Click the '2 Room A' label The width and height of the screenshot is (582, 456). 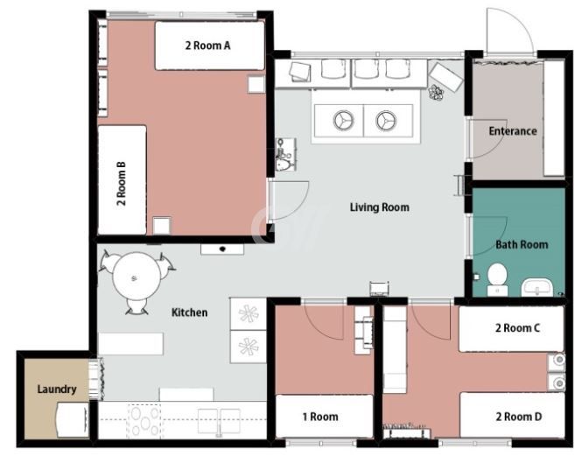[x=208, y=46]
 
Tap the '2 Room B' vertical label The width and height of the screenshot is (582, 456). [x=122, y=184]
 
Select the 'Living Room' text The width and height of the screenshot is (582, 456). [x=380, y=207]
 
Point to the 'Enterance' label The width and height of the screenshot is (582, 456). [x=513, y=131]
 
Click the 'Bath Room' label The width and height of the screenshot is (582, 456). [x=522, y=245]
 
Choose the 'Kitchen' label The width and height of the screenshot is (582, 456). [x=189, y=312]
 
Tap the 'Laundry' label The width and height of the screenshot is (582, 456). [x=57, y=389]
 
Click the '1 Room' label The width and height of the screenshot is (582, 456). [x=320, y=417]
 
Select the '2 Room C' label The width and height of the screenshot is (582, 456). [x=517, y=328]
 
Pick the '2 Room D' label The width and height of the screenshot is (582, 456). [x=518, y=417]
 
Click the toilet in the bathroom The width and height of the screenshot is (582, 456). [x=497, y=280]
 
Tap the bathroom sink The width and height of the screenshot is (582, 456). [x=537, y=288]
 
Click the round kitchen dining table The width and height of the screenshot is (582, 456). [x=137, y=277]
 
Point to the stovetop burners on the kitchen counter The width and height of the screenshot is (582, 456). [x=144, y=421]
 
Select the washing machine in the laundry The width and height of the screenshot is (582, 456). [x=73, y=419]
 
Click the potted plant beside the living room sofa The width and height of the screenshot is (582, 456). [x=436, y=93]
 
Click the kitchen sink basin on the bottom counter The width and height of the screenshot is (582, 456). [x=219, y=422]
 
